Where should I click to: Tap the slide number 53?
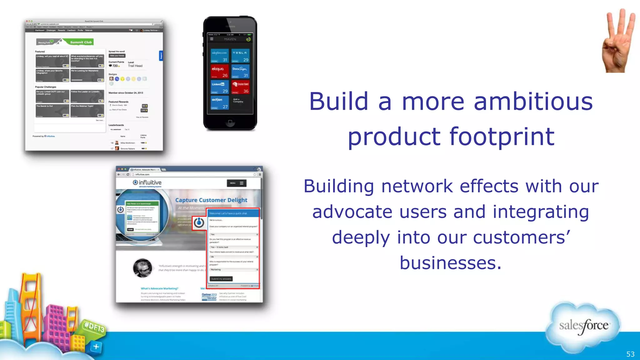coord(630,354)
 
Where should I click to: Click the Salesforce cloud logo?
coord(583,326)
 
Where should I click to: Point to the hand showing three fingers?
coord(618,42)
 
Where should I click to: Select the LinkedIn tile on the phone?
coord(219,87)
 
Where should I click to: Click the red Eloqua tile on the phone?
coord(219,72)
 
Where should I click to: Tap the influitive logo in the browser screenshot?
coord(147,182)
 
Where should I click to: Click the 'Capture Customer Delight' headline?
coord(211,200)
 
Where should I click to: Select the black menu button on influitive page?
coord(237,183)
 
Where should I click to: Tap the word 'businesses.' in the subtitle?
coord(450,263)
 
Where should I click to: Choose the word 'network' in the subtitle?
coord(417,187)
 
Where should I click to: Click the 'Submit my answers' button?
coord(221,279)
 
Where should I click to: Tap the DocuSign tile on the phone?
coord(240,72)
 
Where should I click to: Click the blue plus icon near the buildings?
coord(96,347)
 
